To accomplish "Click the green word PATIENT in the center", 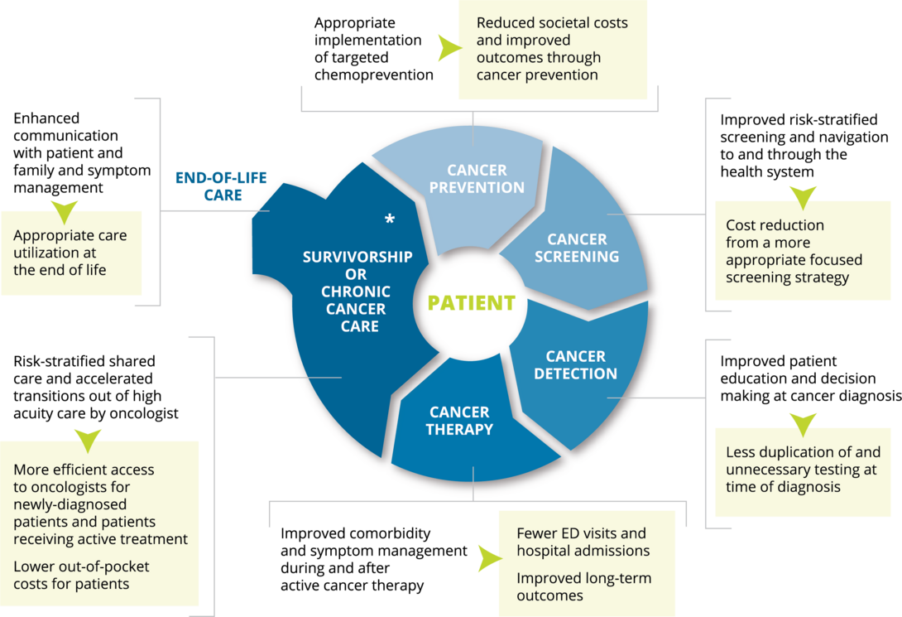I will [x=471, y=303].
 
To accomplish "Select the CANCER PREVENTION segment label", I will [x=477, y=179].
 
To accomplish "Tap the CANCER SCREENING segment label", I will [x=577, y=248].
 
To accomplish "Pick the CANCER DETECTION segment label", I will [x=575, y=365].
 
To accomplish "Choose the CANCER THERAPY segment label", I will [x=459, y=421].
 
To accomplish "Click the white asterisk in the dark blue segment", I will [x=389, y=219].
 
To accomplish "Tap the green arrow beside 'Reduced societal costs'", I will [x=449, y=49].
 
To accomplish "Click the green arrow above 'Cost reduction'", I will [x=802, y=197].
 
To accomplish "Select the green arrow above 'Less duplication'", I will [x=802, y=424].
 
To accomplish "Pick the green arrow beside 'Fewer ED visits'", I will [x=489, y=558].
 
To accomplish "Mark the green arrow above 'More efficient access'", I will [x=88, y=439].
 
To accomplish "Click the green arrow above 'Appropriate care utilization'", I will [x=64, y=211].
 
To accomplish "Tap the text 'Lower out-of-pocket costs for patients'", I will [x=82, y=575].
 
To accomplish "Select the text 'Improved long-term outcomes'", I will [x=583, y=586].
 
